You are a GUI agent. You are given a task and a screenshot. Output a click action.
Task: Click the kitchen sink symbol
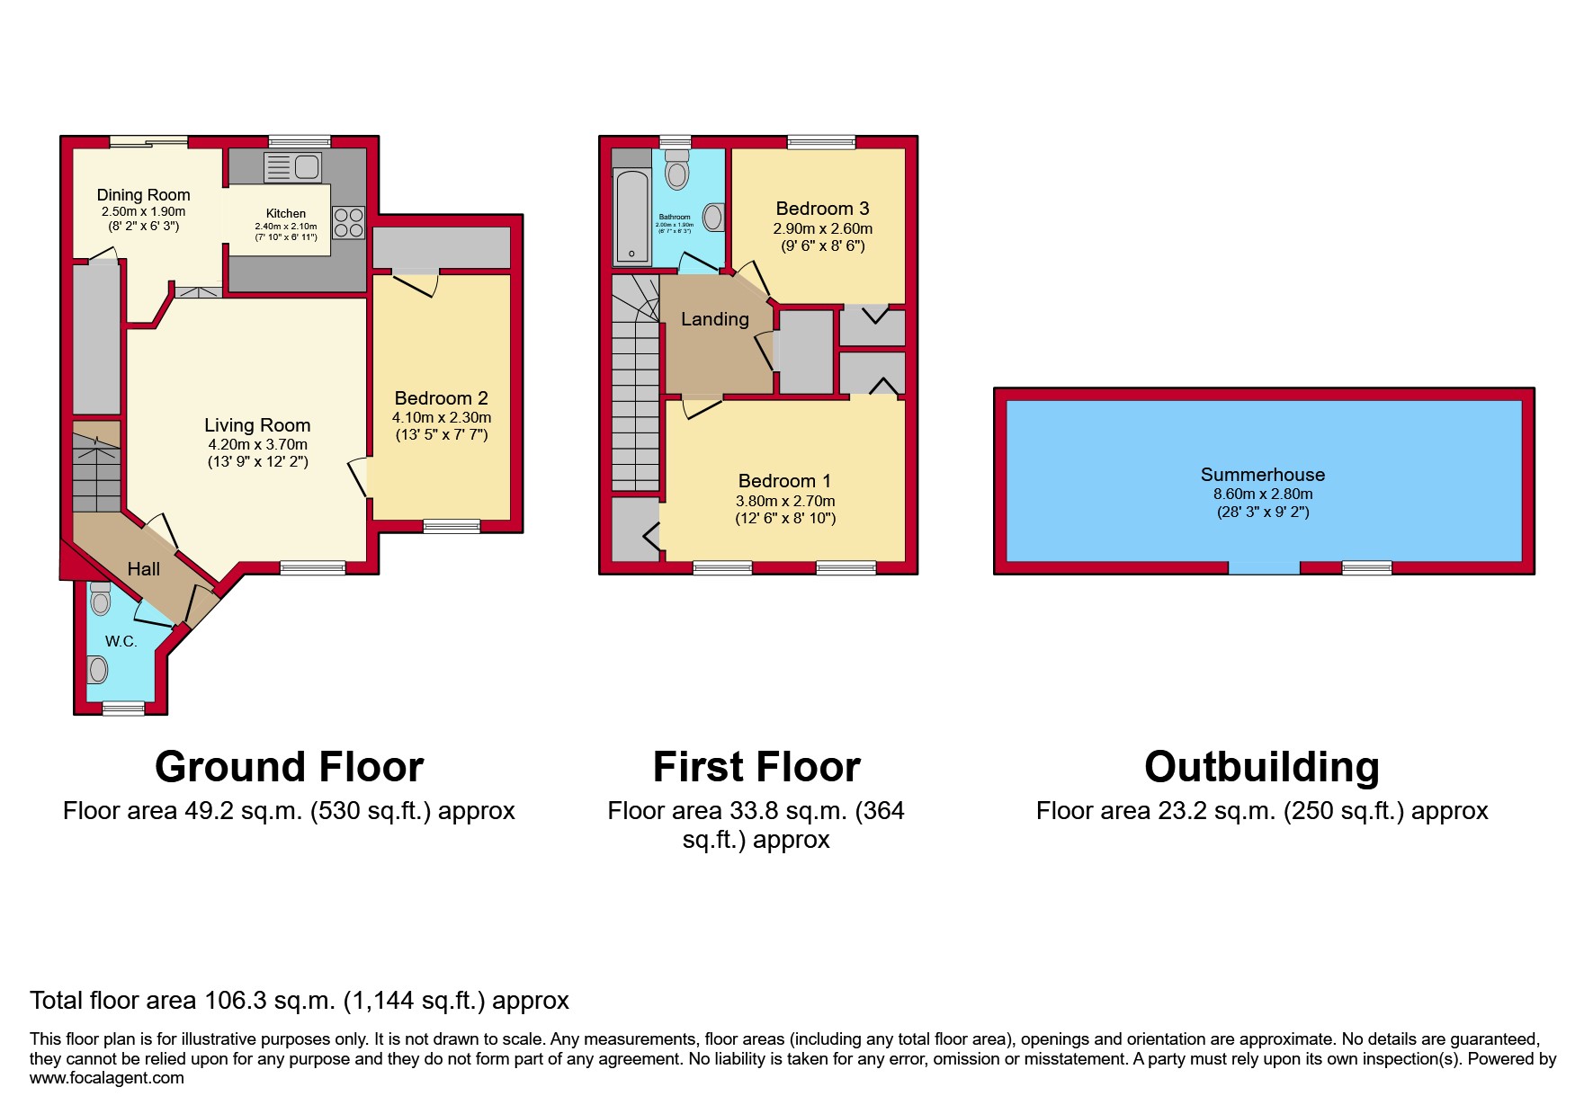(x=292, y=167)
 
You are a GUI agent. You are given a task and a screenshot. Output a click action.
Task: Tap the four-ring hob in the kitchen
(x=349, y=223)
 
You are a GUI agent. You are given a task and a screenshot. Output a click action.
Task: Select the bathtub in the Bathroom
(x=631, y=218)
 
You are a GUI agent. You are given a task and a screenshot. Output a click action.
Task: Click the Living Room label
(x=257, y=425)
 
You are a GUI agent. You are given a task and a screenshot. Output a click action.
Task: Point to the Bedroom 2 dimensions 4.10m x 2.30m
(x=442, y=417)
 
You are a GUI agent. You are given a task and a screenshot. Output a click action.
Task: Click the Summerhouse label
(x=1263, y=475)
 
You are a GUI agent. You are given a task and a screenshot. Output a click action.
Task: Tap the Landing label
(x=715, y=319)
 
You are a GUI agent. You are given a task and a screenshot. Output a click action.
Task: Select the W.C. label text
(x=121, y=641)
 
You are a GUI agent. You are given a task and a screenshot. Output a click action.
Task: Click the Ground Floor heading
(x=289, y=767)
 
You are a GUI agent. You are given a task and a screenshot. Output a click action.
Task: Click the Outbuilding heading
(x=1262, y=767)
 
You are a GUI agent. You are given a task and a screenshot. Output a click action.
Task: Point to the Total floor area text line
(x=300, y=1000)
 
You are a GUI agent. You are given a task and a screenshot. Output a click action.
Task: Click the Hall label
(x=144, y=569)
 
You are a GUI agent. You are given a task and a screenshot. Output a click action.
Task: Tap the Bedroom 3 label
(x=822, y=209)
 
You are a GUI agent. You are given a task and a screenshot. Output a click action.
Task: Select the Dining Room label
(x=144, y=195)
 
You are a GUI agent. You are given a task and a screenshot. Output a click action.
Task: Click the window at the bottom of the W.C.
(x=123, y=709)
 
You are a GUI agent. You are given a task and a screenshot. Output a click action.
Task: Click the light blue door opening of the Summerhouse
(x=1264, y=567)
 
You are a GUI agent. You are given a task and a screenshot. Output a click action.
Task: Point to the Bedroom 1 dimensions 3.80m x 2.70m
(x=785, y=501)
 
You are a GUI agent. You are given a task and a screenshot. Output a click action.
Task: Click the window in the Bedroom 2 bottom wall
(x=452, y=526)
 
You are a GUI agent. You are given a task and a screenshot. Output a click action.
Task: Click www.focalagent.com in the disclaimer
(x=107, y=1078)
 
